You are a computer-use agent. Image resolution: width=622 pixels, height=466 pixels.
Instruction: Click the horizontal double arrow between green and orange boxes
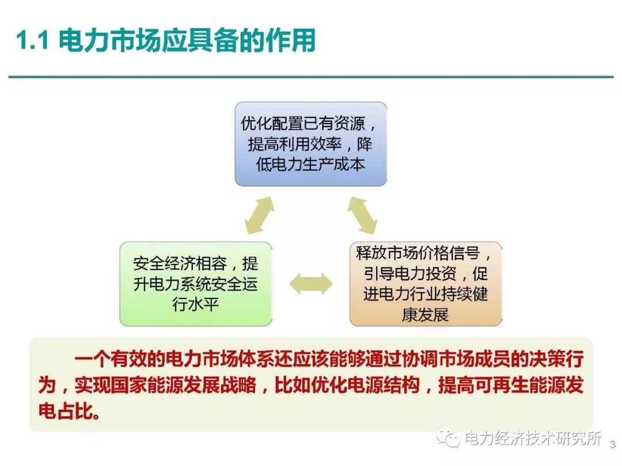click(x=310, y=284)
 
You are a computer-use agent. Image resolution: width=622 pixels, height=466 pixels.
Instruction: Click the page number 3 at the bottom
click(x=612, y=444)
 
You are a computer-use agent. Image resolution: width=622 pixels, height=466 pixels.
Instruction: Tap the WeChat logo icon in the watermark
click(x=448, y=438)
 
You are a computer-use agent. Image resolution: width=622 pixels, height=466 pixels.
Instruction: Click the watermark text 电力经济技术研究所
click(x=533, y=438)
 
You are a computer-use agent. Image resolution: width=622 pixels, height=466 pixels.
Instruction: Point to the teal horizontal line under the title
click(x=310, y=77)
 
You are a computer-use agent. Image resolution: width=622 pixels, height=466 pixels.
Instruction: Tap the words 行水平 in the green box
click(x=196, y=304)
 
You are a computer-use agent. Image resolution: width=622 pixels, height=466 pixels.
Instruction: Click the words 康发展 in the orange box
click(x=426, y=315)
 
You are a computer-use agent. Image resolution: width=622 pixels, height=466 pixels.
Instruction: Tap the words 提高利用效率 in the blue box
click(x=297, y=144)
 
